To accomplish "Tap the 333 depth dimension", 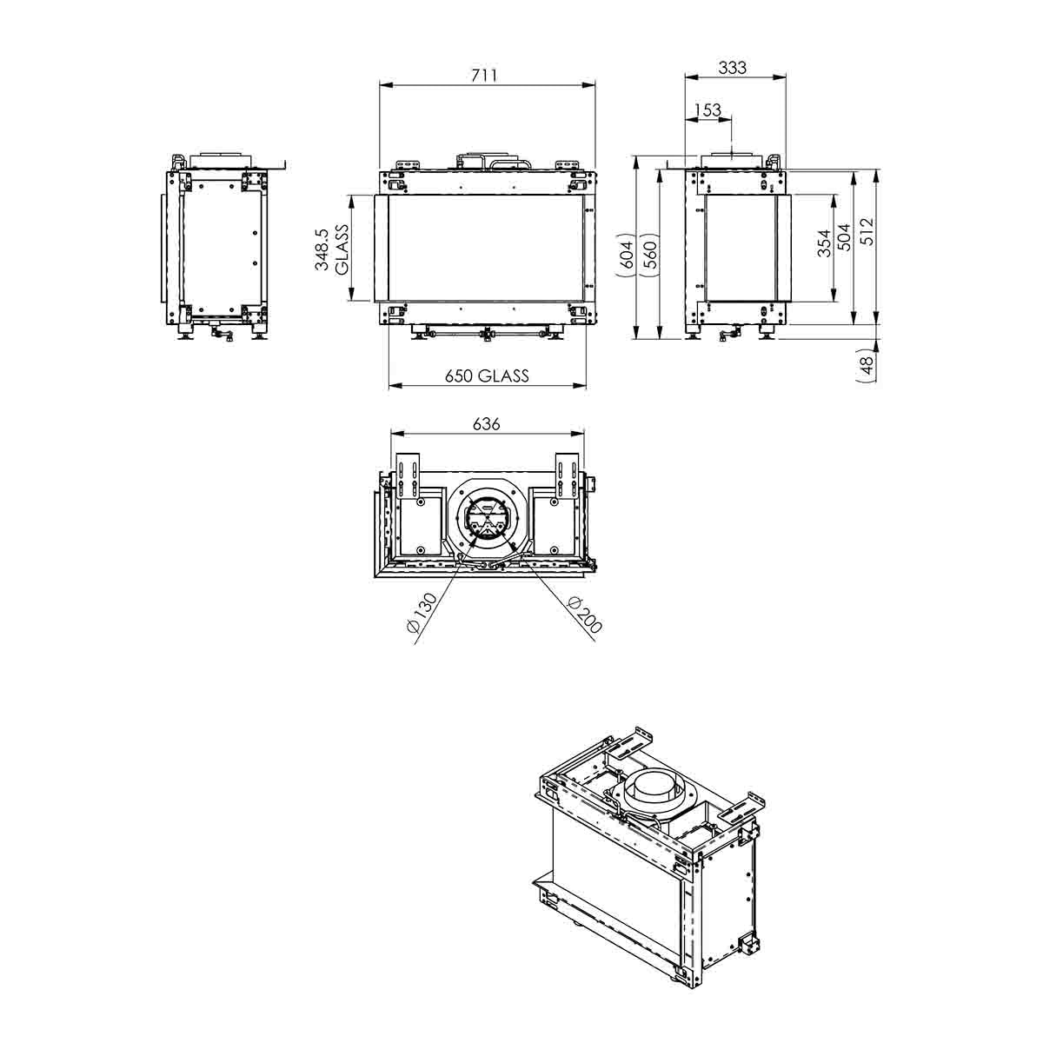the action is point(733,68).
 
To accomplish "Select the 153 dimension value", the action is point(708,110).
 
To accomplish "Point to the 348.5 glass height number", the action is point(322,249).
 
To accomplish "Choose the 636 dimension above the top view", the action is point(486,424).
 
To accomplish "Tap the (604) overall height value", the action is point(626,255).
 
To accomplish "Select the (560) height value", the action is point(650,255).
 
